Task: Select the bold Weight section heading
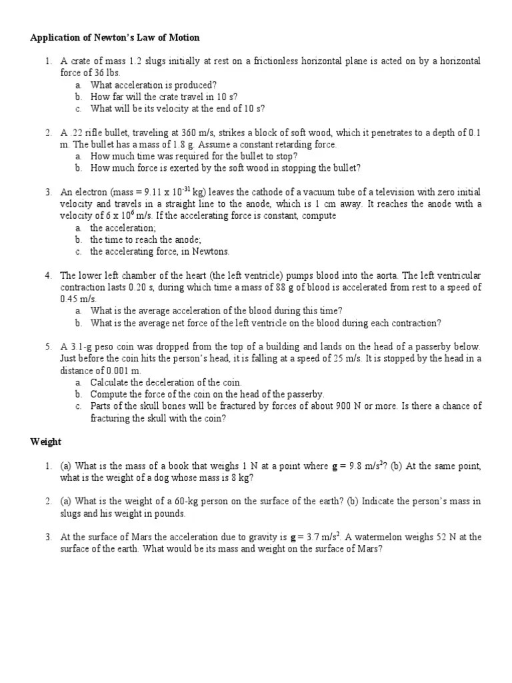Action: click(46, 442)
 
